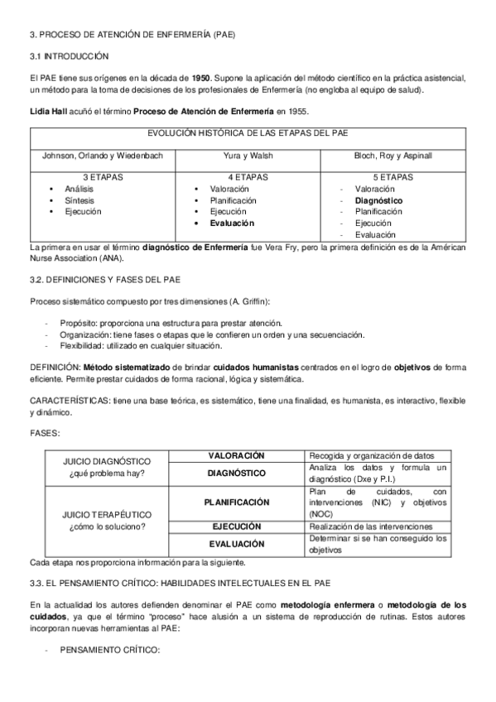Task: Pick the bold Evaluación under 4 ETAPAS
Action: (233, 223)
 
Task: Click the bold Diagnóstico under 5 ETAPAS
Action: (378, 200)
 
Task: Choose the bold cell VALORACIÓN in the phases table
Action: (236, 456)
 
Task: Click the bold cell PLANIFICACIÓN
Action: (237, 502)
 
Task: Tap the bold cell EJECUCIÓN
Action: (237, 526)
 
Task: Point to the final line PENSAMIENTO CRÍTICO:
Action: (109, 651)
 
